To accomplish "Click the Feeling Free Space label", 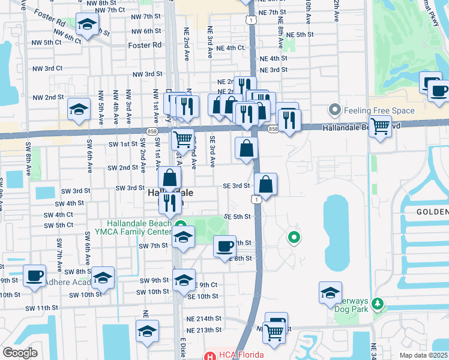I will [379, 110].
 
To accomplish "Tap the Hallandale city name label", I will [170, 194].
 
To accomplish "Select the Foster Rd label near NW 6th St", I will [145, 45].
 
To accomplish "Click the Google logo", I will [20, 353].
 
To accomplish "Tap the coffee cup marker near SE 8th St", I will [225, 246].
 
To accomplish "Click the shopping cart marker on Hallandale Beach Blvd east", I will [379, 126].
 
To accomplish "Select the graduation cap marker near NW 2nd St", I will [78, 110].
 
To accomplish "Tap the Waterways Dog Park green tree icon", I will [377, 304].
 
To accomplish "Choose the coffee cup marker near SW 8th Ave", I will [34, 276].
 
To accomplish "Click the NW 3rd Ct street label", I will [47, 68].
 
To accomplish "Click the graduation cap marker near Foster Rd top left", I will [88, 25].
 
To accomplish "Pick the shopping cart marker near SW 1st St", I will [182, 140].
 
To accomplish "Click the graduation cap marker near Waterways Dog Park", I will [330, 293].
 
